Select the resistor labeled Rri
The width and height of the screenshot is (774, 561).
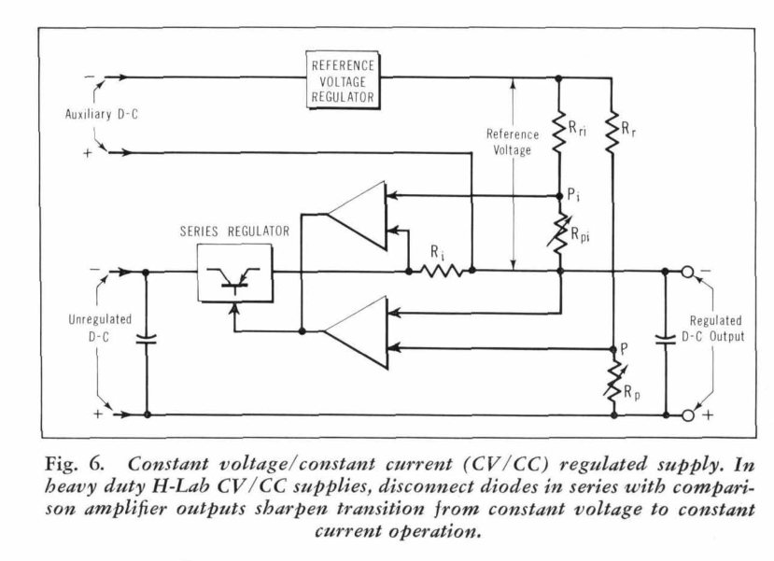pos(558,132)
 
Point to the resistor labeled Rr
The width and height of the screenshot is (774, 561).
pos(612,132)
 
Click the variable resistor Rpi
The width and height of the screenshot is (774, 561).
pos(558,233)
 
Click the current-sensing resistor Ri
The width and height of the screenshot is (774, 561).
pos(441,271)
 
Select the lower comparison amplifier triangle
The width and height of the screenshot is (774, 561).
pos(358,332)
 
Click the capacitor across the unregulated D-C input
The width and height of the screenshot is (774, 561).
pos(146,339)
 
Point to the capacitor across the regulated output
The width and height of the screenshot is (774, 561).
pos(665,339)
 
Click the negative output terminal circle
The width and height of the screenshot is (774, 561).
pos(687,272)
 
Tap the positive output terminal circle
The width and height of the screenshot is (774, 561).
pos(687,415)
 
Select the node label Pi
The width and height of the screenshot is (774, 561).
pos(573,194)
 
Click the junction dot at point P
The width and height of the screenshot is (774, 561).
pos(613,350)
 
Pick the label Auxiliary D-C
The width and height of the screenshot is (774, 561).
pos(102,115)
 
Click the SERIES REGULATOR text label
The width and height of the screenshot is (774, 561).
pos(234,231)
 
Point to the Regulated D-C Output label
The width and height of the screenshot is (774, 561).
pos(713,329)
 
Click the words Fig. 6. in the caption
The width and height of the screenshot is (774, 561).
pos(75,464)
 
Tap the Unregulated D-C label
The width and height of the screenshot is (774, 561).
pos(100,329)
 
